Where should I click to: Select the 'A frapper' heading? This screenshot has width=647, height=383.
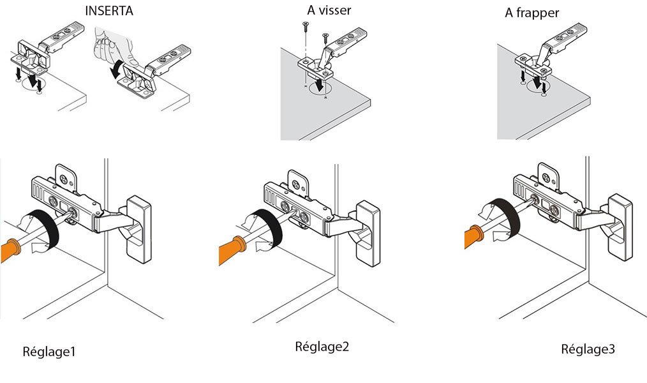pyautogui.click(x=532, y=13)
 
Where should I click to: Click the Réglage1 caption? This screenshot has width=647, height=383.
pyautogui.click(x=49, y=351)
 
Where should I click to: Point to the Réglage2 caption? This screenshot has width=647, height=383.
pyautogui.click(x=322, y=347)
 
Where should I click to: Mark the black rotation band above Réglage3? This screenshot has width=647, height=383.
pyautogui.click(x=504, y=217)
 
